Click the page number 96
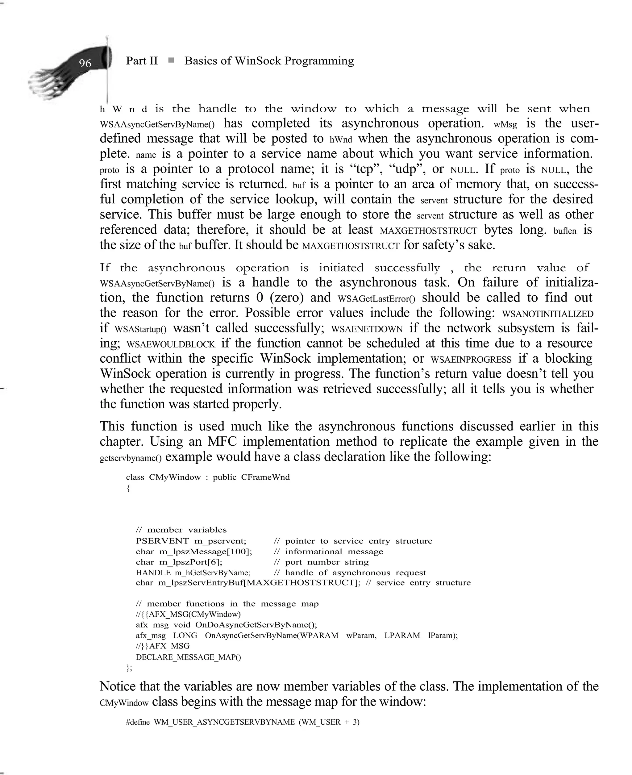click(85, 63)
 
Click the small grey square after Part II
click(171, 60)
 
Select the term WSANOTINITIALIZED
click(547, 314)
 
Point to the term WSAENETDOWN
click(367, 329)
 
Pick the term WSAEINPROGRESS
click(471, 360)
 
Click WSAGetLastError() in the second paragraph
click(376, 299)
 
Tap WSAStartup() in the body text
click(140, 329)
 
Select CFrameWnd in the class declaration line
click(265, 477)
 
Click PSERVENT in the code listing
click(162, 541)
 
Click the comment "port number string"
click(326, 562)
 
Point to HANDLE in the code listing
click(153, 573)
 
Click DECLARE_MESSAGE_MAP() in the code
click(188, 657)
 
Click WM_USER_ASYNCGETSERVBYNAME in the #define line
click(224, 722)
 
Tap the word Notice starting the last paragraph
click(117, 686)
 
